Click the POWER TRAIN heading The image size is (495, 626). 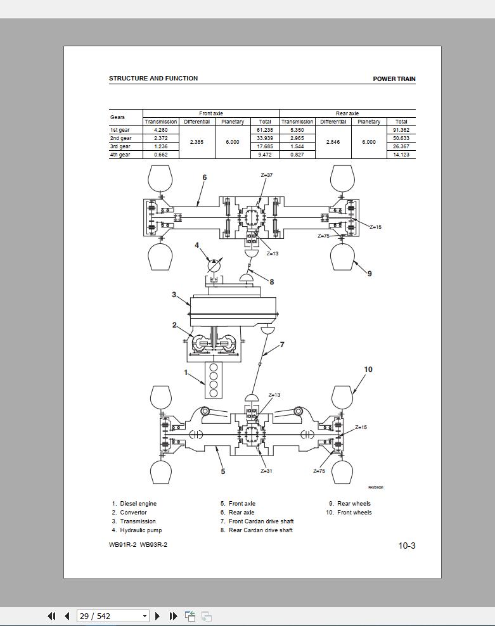pos(394,79)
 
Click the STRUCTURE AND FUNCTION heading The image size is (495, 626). pos(153,79)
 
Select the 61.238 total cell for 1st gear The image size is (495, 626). pos(265,130)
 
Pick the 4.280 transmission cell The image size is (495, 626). pos(160,130)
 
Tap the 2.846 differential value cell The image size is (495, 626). pos(333,142)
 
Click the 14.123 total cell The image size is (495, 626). pos(401,155)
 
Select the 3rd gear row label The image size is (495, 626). pos(120,146)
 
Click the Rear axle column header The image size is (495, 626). pos(347,113)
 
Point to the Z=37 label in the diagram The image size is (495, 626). pos(267,175)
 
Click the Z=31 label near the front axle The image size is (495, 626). pos(266,471)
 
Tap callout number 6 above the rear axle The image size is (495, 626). pos(204,177)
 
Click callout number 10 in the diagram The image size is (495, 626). pos(368,369)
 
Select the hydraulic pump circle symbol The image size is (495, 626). pos(214,266)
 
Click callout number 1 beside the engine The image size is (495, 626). pos(186,373)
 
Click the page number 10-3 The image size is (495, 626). pos(407,546)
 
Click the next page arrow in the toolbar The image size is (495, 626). pos(158,616)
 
